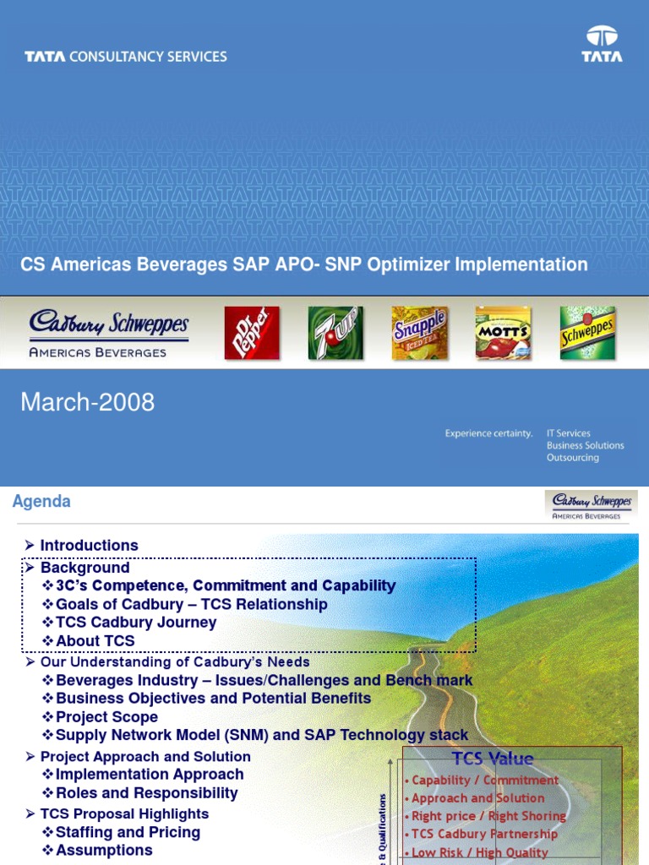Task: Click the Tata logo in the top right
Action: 602,44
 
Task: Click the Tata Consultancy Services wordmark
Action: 126,57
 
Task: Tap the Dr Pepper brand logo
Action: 251,332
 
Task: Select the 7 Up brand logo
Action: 335,332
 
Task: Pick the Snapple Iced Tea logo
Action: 419,332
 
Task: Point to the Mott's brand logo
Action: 503,332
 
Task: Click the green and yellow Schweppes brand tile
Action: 587,332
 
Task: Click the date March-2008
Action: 88,402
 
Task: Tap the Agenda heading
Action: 41,502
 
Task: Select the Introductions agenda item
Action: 89,546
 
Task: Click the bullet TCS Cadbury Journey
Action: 135,623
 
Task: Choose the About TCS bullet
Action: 95,641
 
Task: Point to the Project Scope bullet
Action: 106,717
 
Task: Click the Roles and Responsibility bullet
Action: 146,793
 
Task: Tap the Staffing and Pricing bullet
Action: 128,832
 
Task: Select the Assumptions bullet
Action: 104,851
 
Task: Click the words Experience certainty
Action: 489,433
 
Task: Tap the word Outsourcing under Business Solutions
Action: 572,458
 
